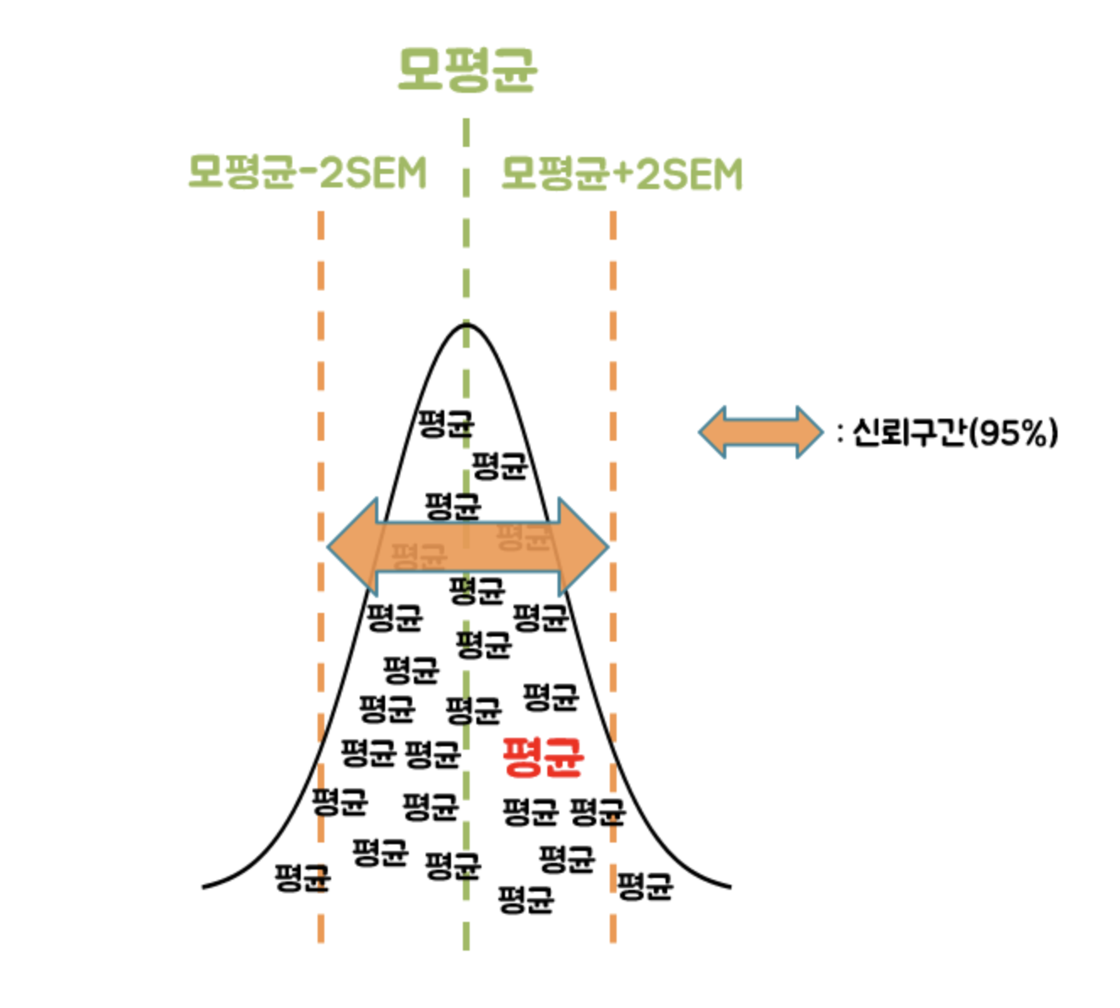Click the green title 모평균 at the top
[467, 69]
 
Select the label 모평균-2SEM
[307, 173]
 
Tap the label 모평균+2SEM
[622, 173]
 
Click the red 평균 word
[543, 756]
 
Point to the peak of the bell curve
[466, 324]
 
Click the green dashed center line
[466, 253]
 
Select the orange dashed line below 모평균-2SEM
[321, 338]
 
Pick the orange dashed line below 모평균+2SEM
[612, 338]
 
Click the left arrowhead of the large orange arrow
[351, 546]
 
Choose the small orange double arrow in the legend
[760, 432]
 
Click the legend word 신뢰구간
[908, 433]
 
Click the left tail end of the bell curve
[205, 886]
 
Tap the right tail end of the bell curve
[728, 886]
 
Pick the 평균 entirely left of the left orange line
[301, 878]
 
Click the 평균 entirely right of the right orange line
[645, 886]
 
